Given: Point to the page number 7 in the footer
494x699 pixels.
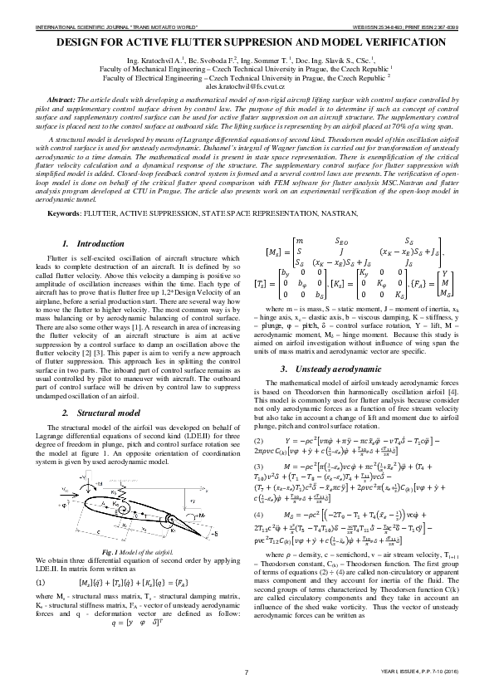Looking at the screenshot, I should click(247, 672).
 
